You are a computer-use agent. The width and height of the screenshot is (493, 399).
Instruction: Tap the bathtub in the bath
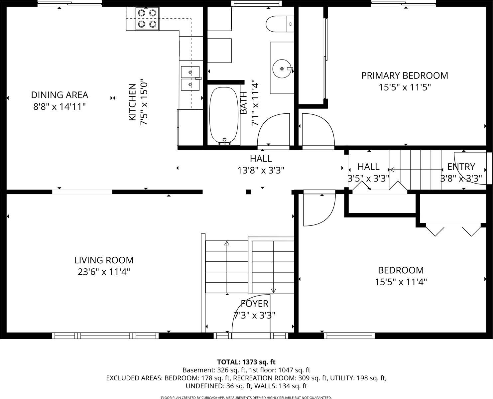click(224, 115)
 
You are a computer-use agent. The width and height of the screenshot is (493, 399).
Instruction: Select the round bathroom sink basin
click(282, 68)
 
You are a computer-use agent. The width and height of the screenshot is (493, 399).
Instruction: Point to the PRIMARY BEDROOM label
click(405, 75)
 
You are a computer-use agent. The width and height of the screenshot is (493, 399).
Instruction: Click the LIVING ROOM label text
click(104, 260)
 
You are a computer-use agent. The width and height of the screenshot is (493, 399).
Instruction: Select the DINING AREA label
click(60, 95)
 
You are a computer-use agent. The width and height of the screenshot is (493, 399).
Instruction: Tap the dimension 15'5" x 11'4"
click(401, 282)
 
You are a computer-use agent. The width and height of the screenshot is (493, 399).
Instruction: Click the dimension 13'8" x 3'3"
click(261, 171)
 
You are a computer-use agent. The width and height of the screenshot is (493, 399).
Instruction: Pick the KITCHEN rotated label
click(132, 102)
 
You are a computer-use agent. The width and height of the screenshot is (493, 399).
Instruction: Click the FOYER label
click(254, 304)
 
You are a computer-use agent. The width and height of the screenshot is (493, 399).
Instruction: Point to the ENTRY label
click(461, 167)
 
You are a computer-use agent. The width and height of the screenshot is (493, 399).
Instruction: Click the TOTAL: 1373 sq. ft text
click(246, 362)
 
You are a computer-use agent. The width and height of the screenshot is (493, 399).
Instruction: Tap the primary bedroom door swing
click(318, 130)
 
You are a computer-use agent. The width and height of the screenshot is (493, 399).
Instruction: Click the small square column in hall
click(248, 192)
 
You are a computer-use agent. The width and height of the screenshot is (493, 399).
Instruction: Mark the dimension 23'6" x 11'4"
click(104, 272)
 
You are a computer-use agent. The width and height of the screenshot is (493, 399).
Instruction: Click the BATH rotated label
click(243, 103)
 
